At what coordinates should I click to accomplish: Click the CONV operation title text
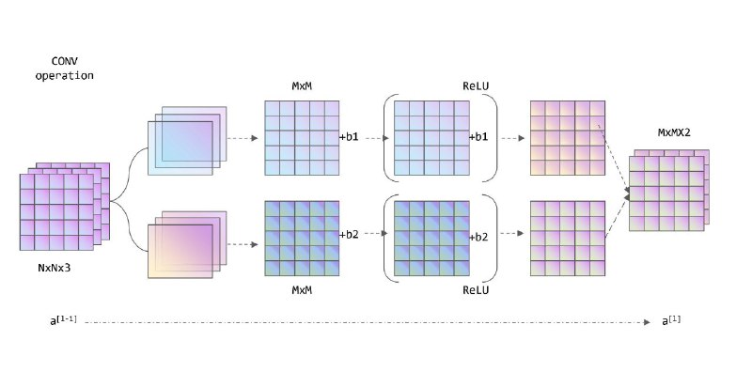tap(64, 69)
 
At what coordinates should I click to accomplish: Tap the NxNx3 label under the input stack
tap(55, 268)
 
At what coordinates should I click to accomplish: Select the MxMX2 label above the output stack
tap(674, 132)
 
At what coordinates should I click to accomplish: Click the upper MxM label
tap(302, 86)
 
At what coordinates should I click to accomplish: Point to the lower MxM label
tap(302, 289)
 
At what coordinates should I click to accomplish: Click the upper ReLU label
tap(476, 86)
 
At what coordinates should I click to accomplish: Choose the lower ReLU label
tap(476, 289)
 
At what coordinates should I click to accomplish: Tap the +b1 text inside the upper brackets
tap(478, 137)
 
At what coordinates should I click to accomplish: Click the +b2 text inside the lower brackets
tap(478, 237)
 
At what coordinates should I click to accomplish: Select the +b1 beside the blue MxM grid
tap(349, 137)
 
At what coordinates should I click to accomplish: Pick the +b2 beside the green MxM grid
tap(349, 235)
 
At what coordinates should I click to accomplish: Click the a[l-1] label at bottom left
tap(63, 320)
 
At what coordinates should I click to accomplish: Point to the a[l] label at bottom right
tap(671, 320)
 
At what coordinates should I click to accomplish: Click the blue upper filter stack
tap(187, 141)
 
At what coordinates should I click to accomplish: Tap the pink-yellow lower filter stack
tap(187, 244)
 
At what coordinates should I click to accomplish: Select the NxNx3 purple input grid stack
tap(65, 207)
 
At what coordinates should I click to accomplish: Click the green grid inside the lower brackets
tap(431, 238)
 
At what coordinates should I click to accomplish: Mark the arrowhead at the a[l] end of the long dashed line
tap(647, 322)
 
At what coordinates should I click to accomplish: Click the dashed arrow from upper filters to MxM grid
tap(243, 138)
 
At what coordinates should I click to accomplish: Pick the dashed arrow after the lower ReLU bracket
tap(512, 233)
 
